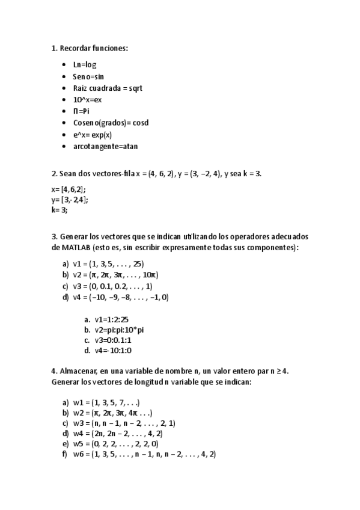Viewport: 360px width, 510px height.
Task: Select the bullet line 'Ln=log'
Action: (85, 64)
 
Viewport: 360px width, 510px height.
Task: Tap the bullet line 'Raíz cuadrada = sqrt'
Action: (108, 88)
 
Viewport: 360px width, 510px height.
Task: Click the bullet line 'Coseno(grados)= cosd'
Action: (111, 123)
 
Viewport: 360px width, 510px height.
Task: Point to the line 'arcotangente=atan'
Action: (106, 146)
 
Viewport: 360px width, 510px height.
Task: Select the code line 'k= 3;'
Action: (59, 210)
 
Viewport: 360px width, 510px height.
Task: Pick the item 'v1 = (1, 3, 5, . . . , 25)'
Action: (108, 263)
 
